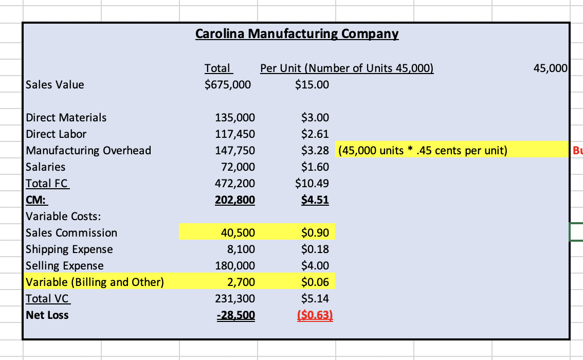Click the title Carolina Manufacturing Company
(297, 34)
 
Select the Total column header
(218, 68)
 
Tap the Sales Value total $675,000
(228, 84)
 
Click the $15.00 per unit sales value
(312, 84)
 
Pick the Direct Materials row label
(66, 117)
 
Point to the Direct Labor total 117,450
(234, 134)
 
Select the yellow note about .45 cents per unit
(423, 150)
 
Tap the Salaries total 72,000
(238, 167)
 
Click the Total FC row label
(47, 183)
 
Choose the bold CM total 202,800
(234, 200)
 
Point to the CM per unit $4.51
(315, 200)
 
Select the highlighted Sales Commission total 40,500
(238, 232)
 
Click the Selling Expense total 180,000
(234, 265)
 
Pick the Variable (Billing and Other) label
(95, 282)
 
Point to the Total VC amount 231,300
(234, 298)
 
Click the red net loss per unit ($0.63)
(315, 315)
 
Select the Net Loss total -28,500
(235, 315)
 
